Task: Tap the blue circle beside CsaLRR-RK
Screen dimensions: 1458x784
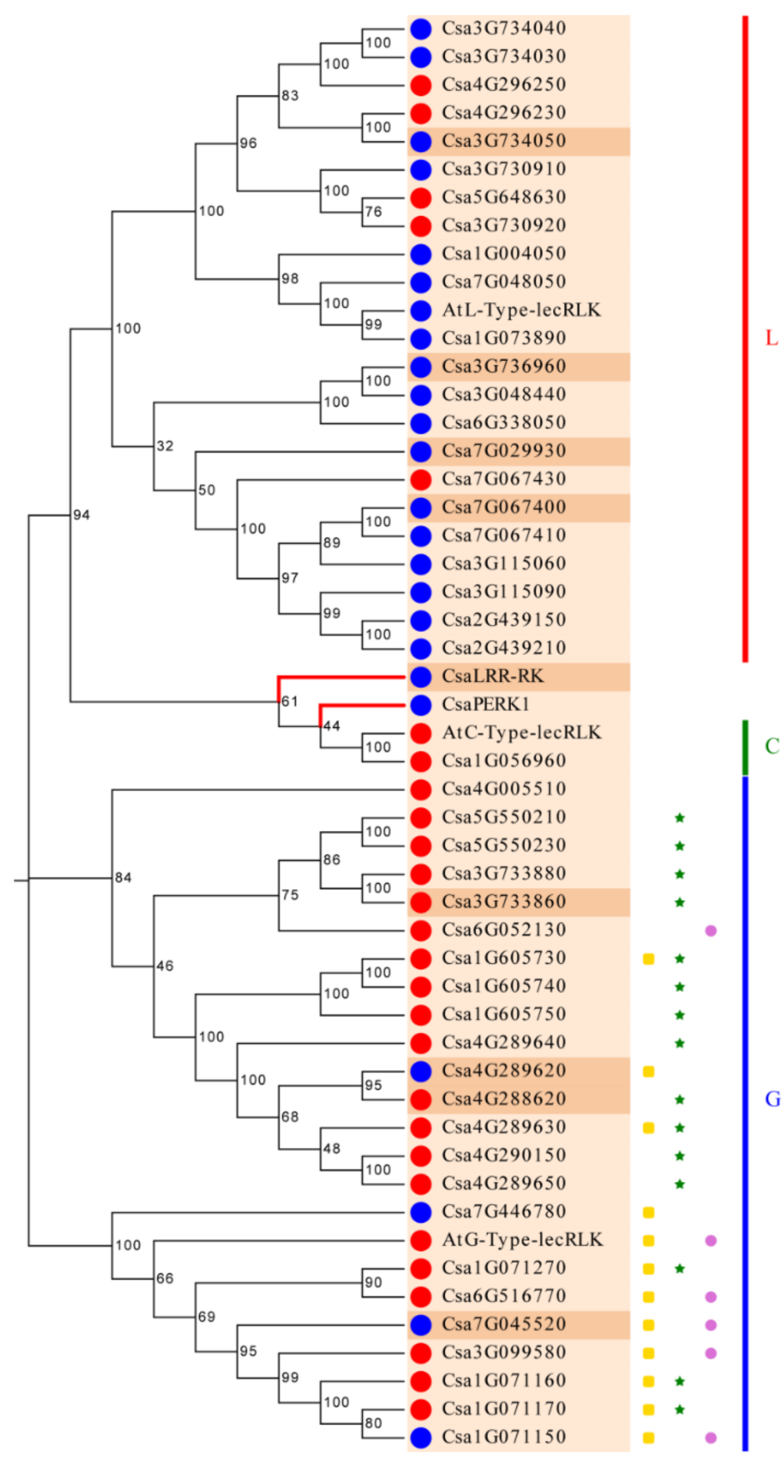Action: pos(421,676)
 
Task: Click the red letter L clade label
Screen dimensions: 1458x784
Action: pos(771,339)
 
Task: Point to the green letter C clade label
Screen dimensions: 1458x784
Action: pos(772,746)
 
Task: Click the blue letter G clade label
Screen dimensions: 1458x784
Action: pos(772,1099)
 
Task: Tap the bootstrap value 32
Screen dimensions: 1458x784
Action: pos(165,446)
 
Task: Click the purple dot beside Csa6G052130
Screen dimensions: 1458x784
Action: pos(710,931)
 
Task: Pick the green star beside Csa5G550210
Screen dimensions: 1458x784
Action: pos(679,818)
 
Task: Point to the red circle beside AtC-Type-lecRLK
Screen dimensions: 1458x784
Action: pos(421,733)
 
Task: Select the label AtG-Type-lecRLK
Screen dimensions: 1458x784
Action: pos(522,1240)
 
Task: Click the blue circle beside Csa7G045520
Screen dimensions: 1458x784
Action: pos(421,1325)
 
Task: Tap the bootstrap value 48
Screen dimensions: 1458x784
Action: pos(331,1148)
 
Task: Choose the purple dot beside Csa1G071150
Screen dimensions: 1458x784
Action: pos(710,1437)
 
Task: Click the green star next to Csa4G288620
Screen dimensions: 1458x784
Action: pos(679,1100)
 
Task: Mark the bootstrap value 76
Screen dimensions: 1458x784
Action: pos(373,212)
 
